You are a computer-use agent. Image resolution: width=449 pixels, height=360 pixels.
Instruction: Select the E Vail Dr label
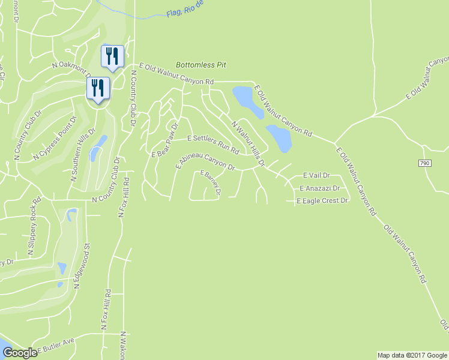click(316, 175)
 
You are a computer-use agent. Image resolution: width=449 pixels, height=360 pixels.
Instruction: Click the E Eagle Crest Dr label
click(323, 200)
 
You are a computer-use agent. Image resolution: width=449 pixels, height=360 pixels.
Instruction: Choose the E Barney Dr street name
click(211, 184)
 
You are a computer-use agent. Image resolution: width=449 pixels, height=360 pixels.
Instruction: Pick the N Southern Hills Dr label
click(83, 154)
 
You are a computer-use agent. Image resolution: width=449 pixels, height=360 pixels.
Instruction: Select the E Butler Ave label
click(56, 346)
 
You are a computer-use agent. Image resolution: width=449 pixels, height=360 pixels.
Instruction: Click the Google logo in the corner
click(19, 353)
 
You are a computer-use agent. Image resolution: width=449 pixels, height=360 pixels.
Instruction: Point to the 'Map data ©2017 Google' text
click(412, 355)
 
